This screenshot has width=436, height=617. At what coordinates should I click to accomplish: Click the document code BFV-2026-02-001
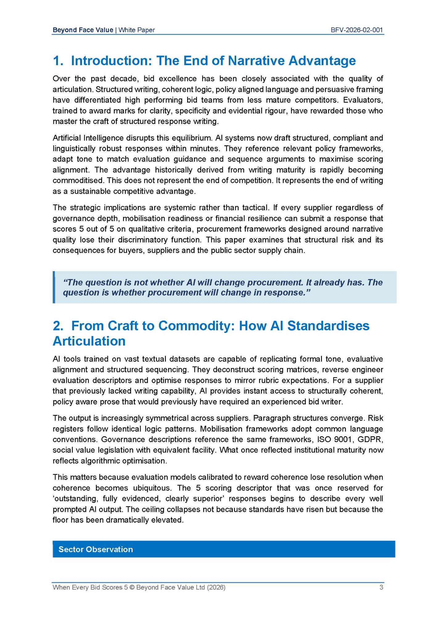[356, 30]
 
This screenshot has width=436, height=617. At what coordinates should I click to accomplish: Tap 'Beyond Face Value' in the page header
[83, 30]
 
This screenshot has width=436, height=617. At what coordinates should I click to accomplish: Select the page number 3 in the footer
[381, 587]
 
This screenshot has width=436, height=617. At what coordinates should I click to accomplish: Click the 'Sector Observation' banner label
[96, 549]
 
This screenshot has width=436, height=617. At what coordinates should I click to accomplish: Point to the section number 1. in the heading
[58, 61]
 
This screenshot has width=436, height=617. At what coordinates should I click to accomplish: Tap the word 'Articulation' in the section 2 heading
[89, 341]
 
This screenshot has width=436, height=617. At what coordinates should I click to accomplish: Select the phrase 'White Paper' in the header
[137, 30]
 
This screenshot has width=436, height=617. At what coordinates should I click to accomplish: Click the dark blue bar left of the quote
[54, 287]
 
